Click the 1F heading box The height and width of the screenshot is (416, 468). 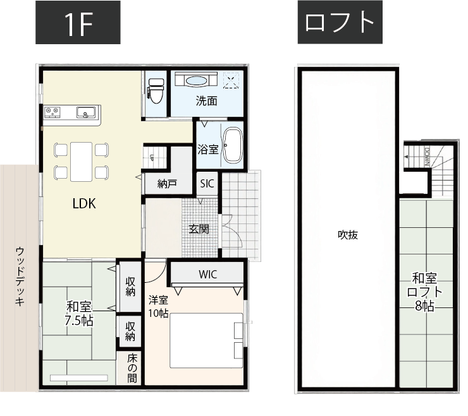click(x=78, y=23)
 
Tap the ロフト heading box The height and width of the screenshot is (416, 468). click(x=340, y=23)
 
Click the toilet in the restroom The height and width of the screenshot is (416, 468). click(x=156, y=90)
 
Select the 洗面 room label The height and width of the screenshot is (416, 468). click(x=206, y=100)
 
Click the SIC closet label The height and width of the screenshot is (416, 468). click(x=207, y=184)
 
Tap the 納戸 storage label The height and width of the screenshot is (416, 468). click(x=167, y=184)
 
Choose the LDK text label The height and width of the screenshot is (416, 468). click(x=84, y=203)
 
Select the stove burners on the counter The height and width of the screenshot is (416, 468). click(x=52, y=113)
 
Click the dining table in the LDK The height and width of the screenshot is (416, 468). click(x=82, y=160)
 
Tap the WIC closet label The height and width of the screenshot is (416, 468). click(x=207, y=275)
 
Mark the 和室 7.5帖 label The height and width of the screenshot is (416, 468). click(x=79, y=314)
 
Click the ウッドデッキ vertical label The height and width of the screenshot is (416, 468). click(x=20, y=277)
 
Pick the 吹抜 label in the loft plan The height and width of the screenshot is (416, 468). click(x=347, y=235)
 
